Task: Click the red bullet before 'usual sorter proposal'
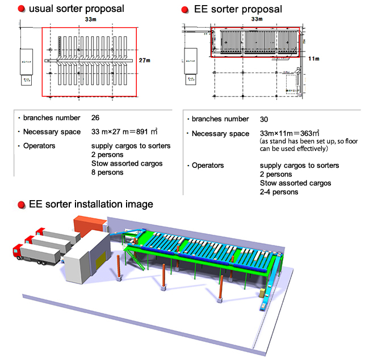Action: coord(20,9)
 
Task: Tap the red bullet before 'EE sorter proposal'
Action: coord(185,9)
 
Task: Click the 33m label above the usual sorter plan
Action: coord(89,20)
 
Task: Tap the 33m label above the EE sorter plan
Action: coord(257,20)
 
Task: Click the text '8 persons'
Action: coord(107,172)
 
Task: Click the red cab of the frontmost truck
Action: coord(17,252)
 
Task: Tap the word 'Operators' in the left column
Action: coord(40,146)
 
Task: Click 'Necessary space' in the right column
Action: coord(220,134)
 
